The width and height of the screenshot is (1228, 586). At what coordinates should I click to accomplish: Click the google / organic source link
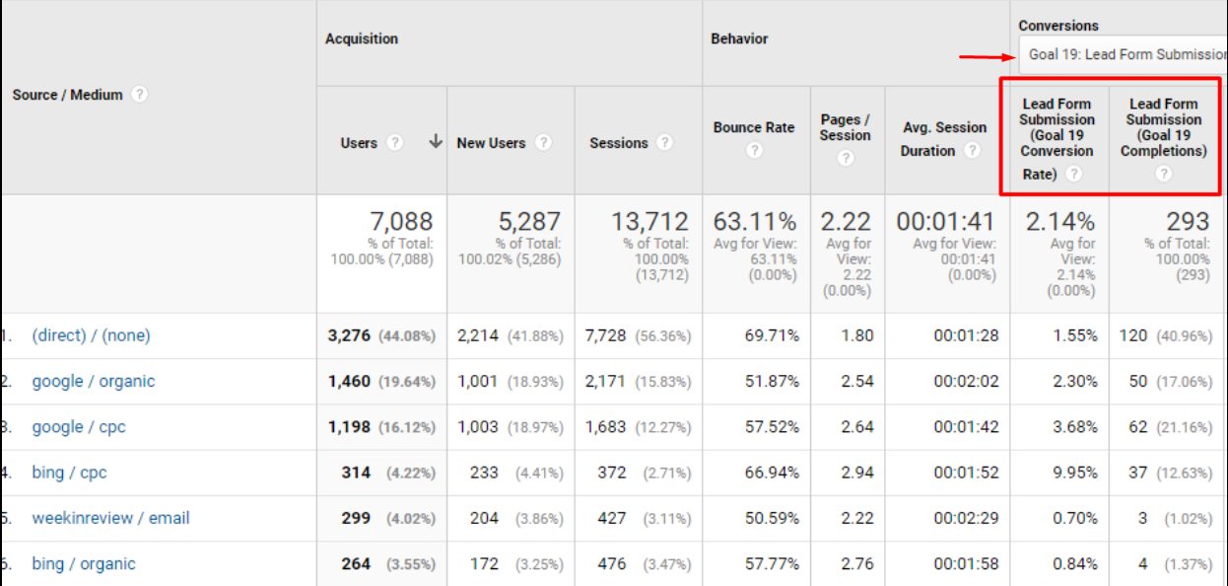(94, 382)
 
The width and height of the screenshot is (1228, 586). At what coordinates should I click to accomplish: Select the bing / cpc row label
(69, 473)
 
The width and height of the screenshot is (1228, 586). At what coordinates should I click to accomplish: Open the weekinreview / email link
(110, 518)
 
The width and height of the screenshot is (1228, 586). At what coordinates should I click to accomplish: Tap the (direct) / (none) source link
(91, 335)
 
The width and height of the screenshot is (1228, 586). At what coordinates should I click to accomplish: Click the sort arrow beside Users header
(436, 142)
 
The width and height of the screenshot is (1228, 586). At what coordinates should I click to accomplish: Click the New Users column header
(491, 143)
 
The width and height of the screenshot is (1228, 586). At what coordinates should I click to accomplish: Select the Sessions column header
(618, 143)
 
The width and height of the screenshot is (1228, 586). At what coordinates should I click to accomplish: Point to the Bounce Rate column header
(753, 127)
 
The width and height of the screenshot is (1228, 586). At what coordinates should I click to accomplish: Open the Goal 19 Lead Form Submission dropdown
(1124, 54)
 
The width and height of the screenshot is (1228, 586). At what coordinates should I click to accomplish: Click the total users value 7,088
(401, 222)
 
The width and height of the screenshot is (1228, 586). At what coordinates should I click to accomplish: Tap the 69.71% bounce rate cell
(770, 335)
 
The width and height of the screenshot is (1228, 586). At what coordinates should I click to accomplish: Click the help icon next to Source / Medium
(140, 95)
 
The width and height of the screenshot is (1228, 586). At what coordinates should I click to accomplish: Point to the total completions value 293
(1188, 222)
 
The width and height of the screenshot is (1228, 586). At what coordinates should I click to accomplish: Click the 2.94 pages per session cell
(857, 473)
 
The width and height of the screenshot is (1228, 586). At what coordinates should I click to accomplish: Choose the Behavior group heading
(739, 39)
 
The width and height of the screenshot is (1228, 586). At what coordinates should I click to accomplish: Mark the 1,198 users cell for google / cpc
(349, 427)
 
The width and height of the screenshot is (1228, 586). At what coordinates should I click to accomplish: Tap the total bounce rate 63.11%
(754, 222)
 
